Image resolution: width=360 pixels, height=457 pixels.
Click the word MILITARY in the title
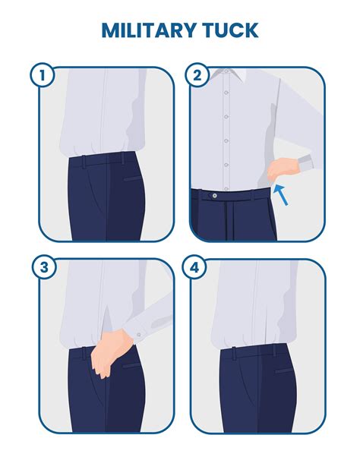pyautogui.click(x=149, y=30)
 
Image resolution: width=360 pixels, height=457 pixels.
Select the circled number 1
pyautogui.click(x=43, y=75)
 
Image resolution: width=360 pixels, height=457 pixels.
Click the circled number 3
pyautogui.click(x=43, y=267)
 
